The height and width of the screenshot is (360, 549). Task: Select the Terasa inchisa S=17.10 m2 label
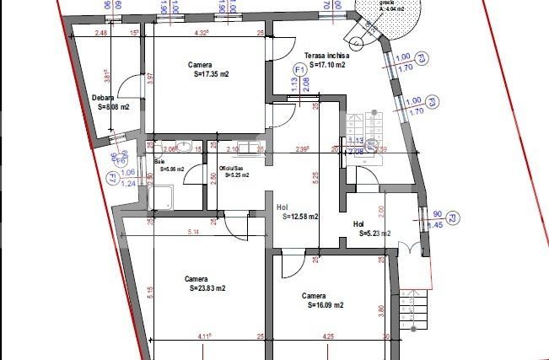tap(326, 58)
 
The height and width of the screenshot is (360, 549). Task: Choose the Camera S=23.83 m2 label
tap(205, 283)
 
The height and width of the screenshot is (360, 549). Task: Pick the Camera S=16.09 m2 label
tap(323, 301)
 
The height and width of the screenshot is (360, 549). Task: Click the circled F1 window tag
tap(299, 69)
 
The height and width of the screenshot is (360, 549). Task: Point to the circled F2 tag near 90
tap(453, 219)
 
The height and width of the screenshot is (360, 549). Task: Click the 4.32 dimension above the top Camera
tap(202, 34)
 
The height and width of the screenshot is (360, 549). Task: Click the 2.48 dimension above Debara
tap(101, 34)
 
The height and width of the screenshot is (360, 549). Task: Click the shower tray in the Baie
tap(160, 196)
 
